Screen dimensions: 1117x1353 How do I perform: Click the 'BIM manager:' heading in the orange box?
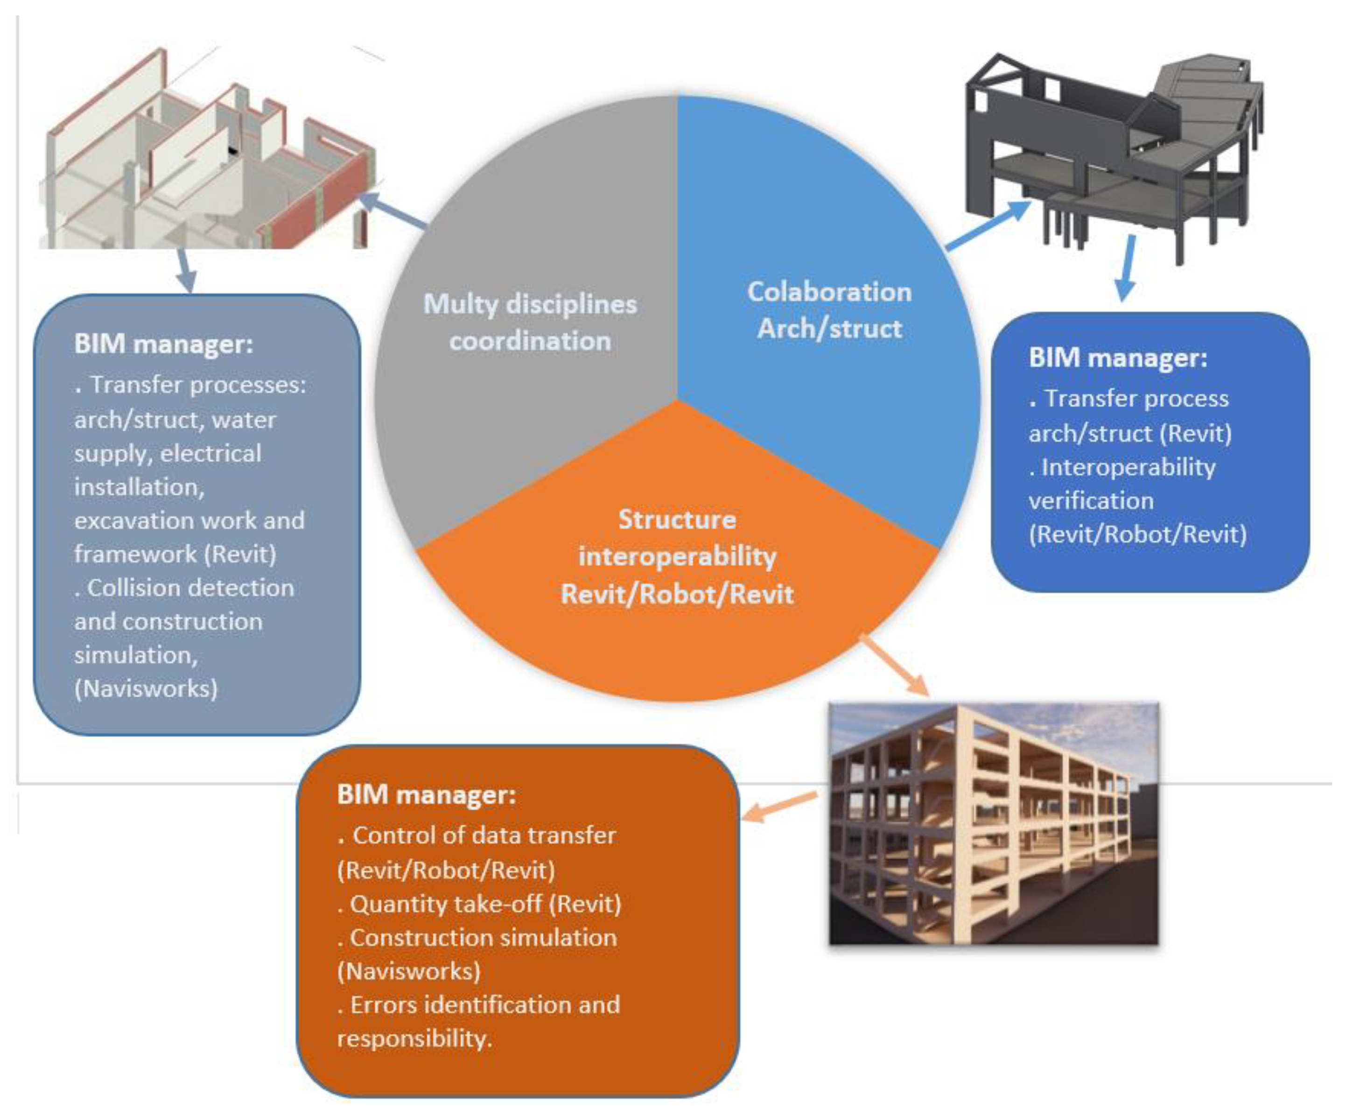pyautogui.click(x=427, y=794)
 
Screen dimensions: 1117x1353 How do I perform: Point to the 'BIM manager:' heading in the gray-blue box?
pyautogui.click(x=163, y=344)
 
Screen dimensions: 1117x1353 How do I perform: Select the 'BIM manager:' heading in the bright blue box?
pyautogui.click(x=1117, y=358)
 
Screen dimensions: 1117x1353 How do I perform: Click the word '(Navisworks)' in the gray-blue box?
pyautogui.click(x=146, y=688)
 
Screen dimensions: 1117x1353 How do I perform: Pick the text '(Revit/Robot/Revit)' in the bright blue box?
pyautogui.click(x=1137, y=534)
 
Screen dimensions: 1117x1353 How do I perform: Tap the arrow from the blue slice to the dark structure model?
pyautogui.click(x=988, y=225)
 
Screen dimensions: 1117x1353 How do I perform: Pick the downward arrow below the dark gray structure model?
pyautogui.click(x=1127, y=267)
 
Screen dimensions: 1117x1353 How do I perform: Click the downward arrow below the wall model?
pyautogui.click(x=185, y=270)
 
